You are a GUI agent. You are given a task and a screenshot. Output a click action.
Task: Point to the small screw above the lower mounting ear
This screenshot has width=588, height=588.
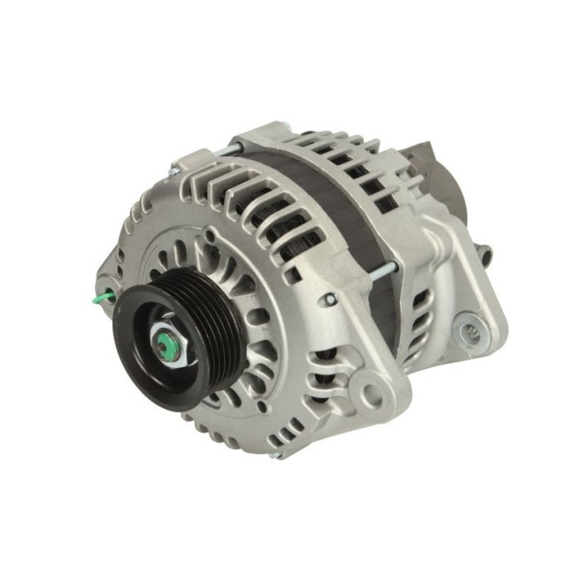[330, 300]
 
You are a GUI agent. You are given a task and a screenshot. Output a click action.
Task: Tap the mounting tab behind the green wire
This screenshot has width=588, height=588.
[112, 264]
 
